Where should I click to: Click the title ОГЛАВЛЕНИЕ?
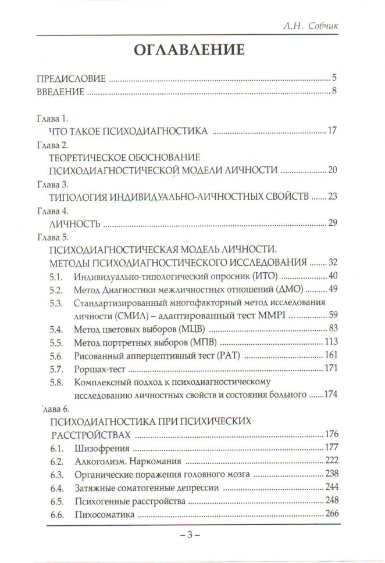[x=189, y=50]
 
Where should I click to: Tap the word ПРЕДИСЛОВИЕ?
[x=71, y=78]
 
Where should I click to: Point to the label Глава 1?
[x=52, y=119]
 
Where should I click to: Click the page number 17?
[x=333, y=131]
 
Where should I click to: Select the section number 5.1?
[x=56, y=276]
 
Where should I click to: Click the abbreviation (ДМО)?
[x=289, y=289]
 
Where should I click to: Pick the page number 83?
[x=333, y=329]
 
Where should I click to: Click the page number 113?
[x=331, y=342]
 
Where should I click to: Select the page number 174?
[x=329, y=395]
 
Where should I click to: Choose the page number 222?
[x=331, y=462]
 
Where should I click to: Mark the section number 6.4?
[x=56, y=488]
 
